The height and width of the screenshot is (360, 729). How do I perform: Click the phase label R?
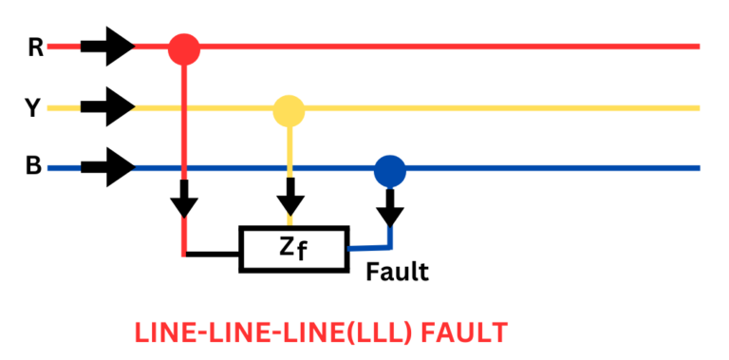tap(35, 47)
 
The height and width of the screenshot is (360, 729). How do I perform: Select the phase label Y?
tap(32, 108)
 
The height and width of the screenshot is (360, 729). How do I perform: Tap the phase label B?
tap(33, 168)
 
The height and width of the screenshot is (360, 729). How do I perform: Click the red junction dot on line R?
tap(184, 47)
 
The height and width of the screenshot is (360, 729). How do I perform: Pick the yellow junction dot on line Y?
tap(289, 110)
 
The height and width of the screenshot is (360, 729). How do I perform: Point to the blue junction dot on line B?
tap(389, 170)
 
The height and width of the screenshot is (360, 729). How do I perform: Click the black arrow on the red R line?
tap(107, 46)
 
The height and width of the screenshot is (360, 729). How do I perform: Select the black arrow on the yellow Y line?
tap(107, 106)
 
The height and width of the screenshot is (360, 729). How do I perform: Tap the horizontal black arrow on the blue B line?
tap(107, 168)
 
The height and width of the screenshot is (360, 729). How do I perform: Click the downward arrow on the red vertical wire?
tap(184, 200)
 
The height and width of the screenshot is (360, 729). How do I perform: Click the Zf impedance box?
tap(293, 249)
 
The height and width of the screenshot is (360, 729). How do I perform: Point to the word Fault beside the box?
tap(398, 273)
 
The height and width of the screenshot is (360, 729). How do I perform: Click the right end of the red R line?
tap(695, 46)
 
